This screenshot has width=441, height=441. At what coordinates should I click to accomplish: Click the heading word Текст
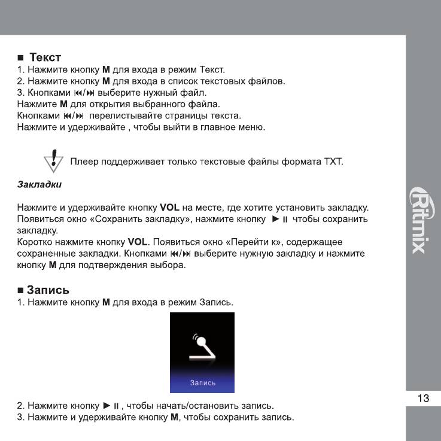[x=45, y=57]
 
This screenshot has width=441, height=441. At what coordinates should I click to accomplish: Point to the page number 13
[x=423, y=399]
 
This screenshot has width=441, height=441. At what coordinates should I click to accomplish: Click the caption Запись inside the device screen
[x=203, y=382]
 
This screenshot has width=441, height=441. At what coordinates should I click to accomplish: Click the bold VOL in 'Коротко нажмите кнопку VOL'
[x=138, y=242]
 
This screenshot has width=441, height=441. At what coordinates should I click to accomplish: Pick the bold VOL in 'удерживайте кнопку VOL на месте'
[x=170, y=208]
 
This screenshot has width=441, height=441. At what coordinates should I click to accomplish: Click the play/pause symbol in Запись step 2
[x=112, y=406]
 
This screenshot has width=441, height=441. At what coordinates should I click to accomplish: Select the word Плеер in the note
[x=83, y=162]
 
